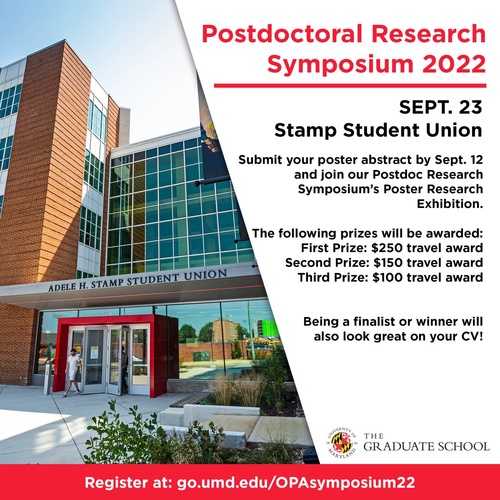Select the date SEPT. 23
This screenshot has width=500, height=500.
tap(440, 107)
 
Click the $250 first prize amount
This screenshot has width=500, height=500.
tap(387, 248)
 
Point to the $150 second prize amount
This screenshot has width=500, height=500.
tap(387, 262)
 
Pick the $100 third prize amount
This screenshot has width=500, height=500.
tap(387, 277)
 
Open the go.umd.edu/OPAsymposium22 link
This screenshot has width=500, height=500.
tap(296, 482)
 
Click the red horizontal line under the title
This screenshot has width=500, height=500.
tap(350, 86)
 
